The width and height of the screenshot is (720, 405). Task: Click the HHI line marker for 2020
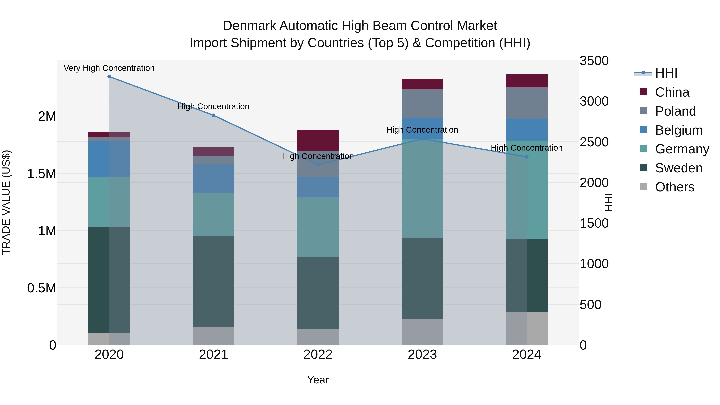(x=109, y=77)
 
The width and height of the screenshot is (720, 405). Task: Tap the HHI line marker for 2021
(x=214, y=115)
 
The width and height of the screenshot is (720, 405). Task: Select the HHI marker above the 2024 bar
(x=527, y=157)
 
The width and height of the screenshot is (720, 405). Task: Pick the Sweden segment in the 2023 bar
(x=422, y=278)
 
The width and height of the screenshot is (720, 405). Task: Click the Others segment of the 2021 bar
(x=214, y=336)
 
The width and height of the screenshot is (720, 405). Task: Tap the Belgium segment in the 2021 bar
(x=214, y=179)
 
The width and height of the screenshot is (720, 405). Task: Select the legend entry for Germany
(x=682, y=149)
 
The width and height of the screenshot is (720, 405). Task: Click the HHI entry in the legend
(x=666, y=73)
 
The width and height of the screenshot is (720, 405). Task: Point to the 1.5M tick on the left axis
(x=42, y=174)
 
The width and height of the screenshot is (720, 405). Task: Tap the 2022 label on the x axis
(x=318, y=355)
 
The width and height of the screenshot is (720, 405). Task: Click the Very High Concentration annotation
(x=109, y=68)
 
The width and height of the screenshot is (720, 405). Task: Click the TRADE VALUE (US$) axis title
(x=6, y=202)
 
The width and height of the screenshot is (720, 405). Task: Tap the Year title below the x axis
(x=318, y=380)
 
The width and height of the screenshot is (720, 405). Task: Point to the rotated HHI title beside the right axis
(x=608, y=202)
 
